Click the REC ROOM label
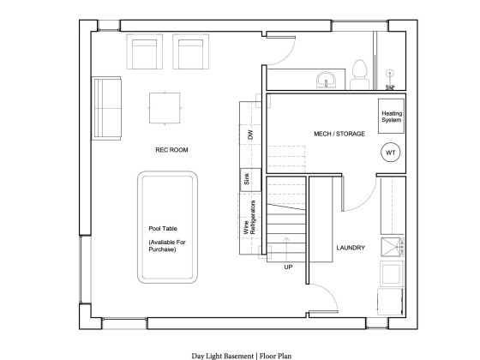(171, 150)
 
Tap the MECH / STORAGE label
(339, 134)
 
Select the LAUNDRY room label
(351, 248)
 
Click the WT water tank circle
(391, 153)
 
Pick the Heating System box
(391, 116)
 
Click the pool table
(167, 227)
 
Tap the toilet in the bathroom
(359, 75)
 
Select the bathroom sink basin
(327, 81)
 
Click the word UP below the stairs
(288, 267)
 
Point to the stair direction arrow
(286, 249)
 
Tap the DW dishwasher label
(250, 135)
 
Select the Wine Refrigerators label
(249, 218)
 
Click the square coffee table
(165, 108)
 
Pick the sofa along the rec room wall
(106, 108)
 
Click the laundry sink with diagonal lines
(393, 247)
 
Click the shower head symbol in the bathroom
(389, 74)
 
